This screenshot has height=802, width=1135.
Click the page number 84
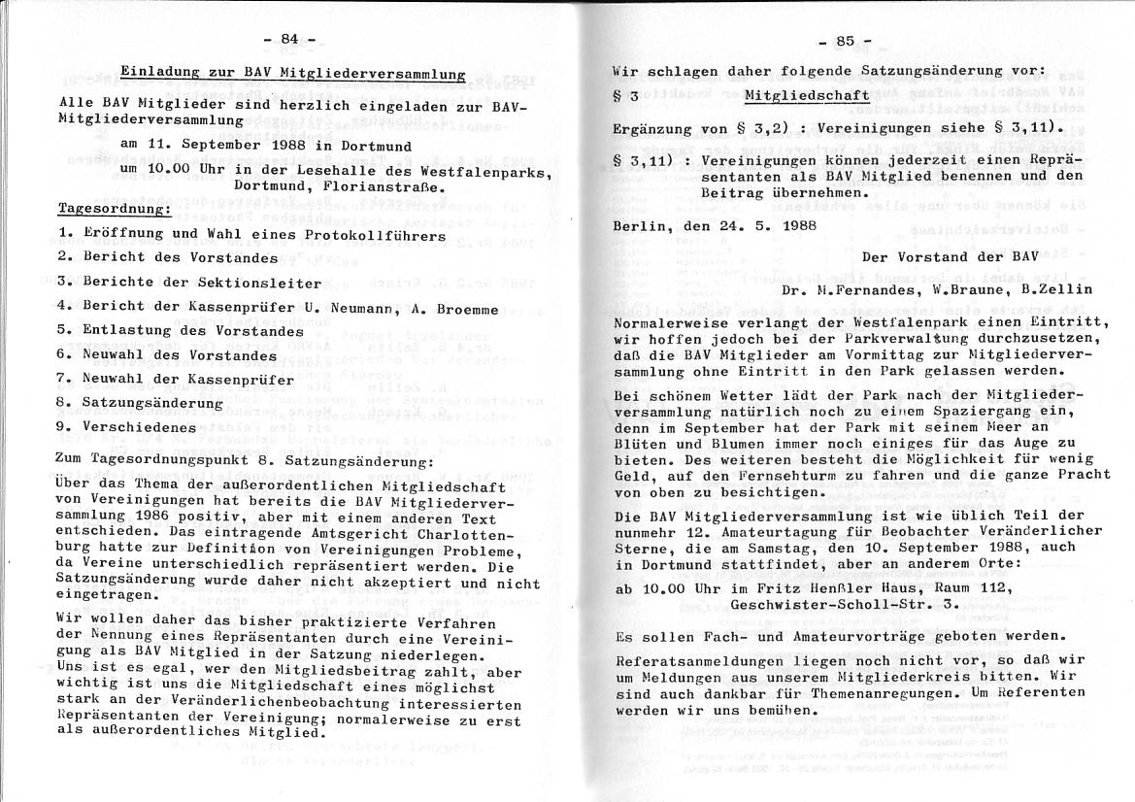289,39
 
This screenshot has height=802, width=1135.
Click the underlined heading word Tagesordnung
115,209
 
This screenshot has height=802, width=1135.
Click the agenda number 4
63,308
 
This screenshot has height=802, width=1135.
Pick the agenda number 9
63,426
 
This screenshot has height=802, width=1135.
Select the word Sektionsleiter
259,284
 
